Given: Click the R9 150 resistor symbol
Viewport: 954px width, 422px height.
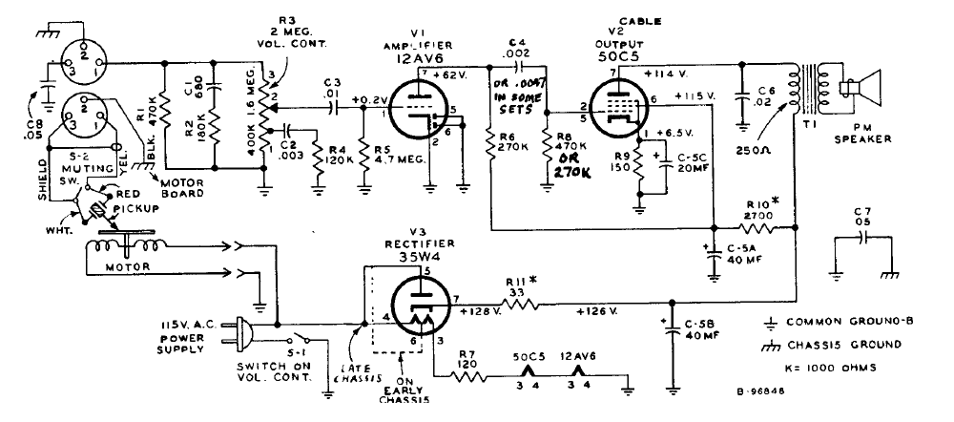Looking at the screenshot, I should coord(635,171).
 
